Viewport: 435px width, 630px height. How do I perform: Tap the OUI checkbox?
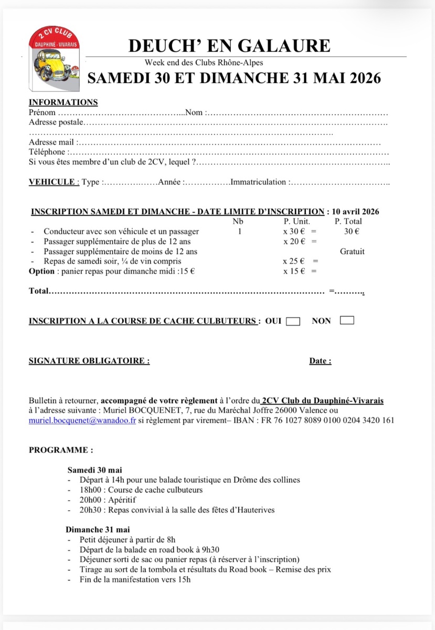point(293,321)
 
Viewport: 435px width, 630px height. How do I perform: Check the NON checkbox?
point(347,320)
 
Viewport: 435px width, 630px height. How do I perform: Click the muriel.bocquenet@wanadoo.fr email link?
point(82,420)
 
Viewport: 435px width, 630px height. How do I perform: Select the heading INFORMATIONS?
point(63,102)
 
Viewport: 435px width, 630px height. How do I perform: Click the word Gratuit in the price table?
point(352,251)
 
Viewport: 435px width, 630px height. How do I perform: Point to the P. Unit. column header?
point(297,222)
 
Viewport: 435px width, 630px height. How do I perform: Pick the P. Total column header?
point(348,222)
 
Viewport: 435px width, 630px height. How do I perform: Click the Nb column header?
point(238,222)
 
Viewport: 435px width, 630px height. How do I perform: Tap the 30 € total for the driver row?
point(352,232)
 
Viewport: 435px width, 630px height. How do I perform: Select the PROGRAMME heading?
point(61,450)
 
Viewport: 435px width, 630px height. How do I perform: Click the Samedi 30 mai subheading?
point(94,470)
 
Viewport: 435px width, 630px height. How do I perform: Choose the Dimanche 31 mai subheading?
point(98,530)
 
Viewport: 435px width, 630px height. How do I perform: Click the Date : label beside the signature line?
point(320,361)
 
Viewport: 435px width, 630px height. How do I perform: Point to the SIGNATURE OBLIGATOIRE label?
point(89,361)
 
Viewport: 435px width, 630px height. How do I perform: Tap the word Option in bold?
point(41,271)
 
